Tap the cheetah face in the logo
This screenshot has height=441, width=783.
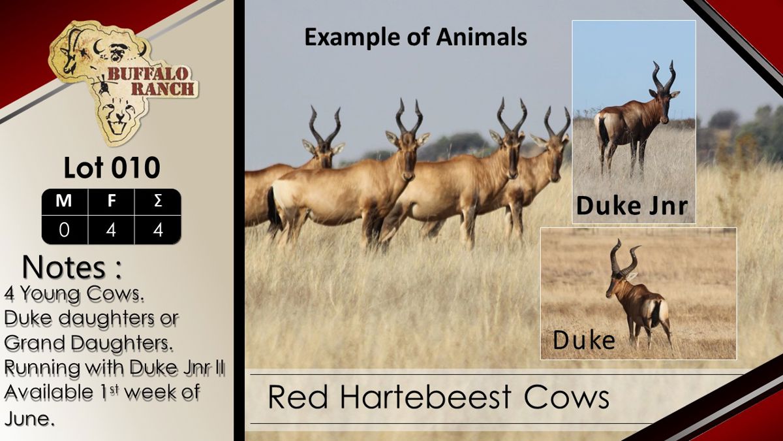point(119,116)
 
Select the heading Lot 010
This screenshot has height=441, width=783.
point(112,168)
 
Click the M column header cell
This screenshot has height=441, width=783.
point(65,201)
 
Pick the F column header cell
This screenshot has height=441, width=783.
point(111,201)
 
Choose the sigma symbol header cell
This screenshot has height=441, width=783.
point(158,201)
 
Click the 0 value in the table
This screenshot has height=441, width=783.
point(65,230)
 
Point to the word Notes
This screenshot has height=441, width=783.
point(64,267)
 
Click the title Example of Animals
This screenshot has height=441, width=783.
point(416,37)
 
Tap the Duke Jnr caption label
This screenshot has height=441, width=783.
point(632,206)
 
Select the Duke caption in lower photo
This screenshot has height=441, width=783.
point(584,340)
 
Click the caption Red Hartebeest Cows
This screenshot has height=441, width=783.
point(438,397)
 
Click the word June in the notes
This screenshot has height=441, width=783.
point(29,418)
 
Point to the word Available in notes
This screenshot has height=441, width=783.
point(48,391)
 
